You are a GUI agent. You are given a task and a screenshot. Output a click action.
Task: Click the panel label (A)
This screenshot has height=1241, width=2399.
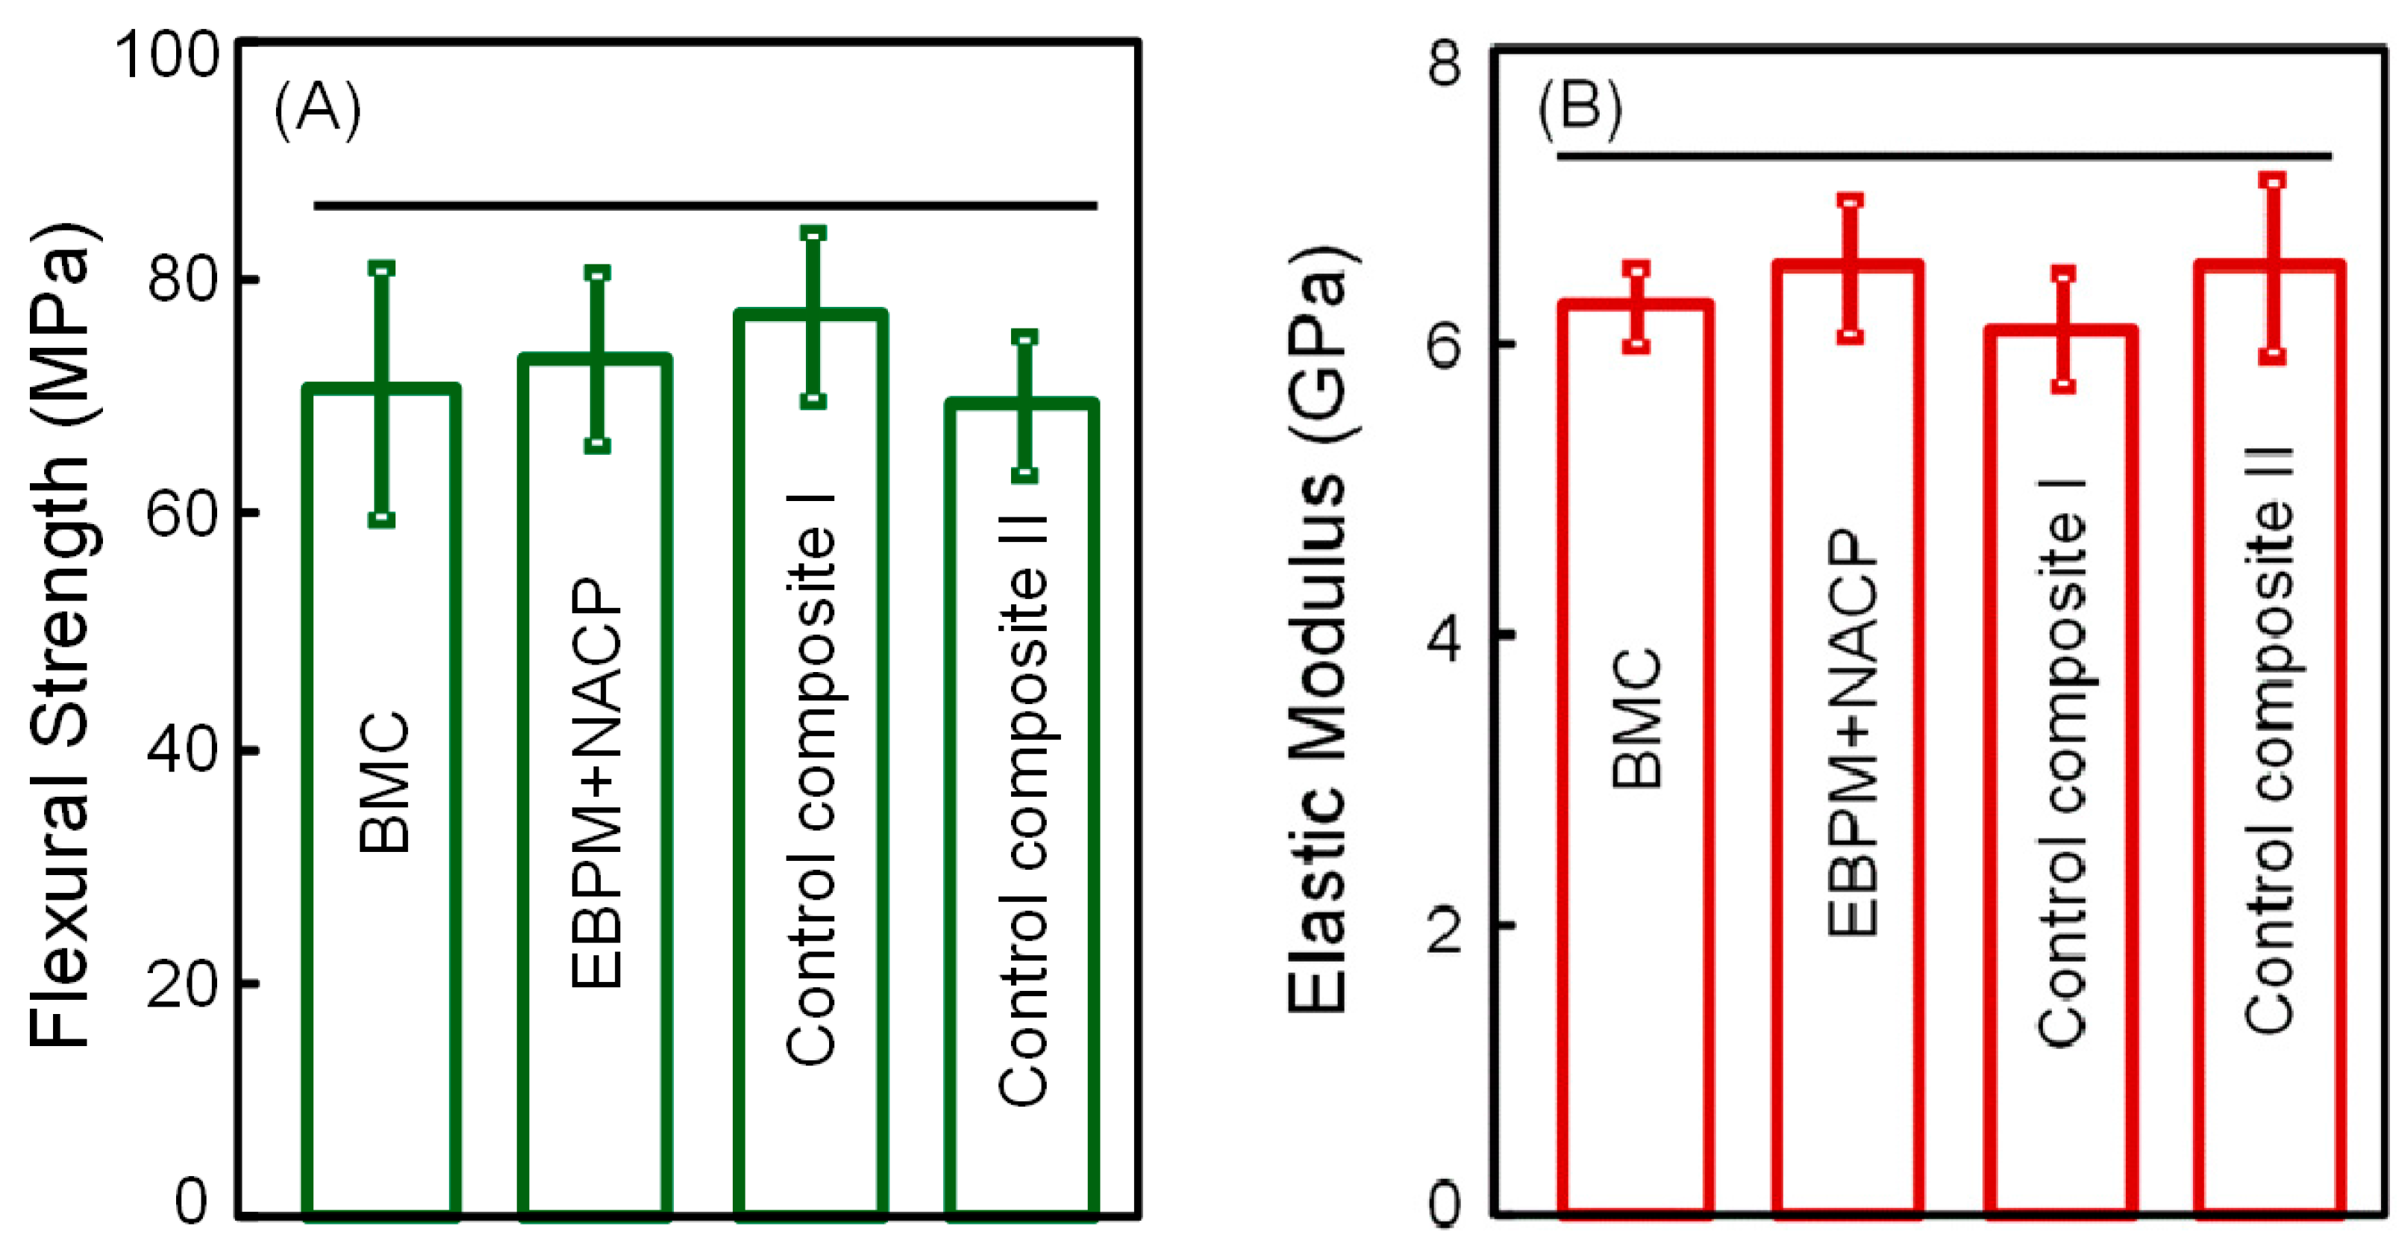(x=318, y=110)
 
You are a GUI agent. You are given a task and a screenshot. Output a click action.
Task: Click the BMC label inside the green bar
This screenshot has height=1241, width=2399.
(x=384, y=783)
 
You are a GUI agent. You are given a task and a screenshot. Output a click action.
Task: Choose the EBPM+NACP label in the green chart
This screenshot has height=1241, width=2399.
(x=596, y=783)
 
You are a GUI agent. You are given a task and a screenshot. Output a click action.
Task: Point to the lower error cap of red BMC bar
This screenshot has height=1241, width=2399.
(x=1636, y=346)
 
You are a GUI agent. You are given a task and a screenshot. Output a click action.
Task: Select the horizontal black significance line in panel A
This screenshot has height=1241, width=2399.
(x=705, y=205)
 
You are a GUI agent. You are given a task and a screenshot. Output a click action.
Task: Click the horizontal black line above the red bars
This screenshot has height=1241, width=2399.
(x=1944, y=155)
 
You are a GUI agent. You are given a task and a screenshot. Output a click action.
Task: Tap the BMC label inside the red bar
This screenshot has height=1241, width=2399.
(x=1636, y=718)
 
